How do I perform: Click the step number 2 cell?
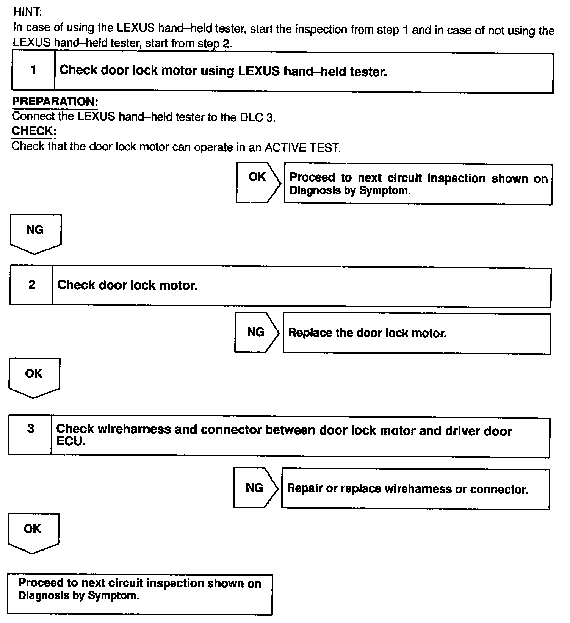click(31, 285)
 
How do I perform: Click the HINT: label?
click(27, 12)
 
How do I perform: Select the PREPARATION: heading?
click(55, 102)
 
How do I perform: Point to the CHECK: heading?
click(34, 131)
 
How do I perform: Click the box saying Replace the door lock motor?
click(417, 333)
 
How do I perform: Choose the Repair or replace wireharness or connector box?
click(415, 489)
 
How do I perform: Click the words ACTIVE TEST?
click(302, 147)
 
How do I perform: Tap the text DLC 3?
click(257, 117)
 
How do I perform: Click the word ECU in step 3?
click(71, 441)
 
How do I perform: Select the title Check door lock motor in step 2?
click(127, 285)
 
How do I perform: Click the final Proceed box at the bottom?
click(139, 594)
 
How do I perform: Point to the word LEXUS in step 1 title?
click(259, 71)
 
